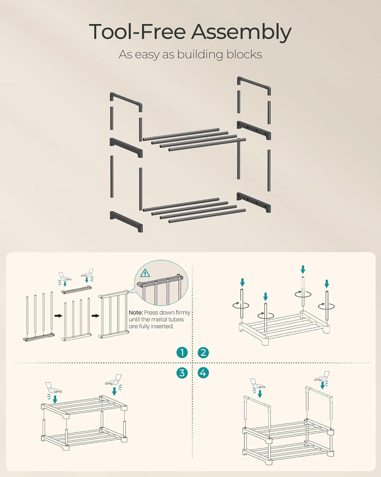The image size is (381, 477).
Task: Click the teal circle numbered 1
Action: [182, 353]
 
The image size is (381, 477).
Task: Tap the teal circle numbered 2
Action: [203, 353]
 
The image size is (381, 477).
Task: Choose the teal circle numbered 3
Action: [182, 373]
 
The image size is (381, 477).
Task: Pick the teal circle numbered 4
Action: [203, 373]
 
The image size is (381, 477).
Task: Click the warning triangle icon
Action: [145, 273]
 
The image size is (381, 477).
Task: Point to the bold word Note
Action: [135, 313]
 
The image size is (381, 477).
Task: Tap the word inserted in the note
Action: [162, 326]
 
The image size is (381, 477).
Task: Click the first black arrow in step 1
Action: [58, 316]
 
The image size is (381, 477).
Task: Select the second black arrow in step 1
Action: [96, 316]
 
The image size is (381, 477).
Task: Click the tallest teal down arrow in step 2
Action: [303, 270]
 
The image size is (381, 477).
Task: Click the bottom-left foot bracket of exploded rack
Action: [126, 221]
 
